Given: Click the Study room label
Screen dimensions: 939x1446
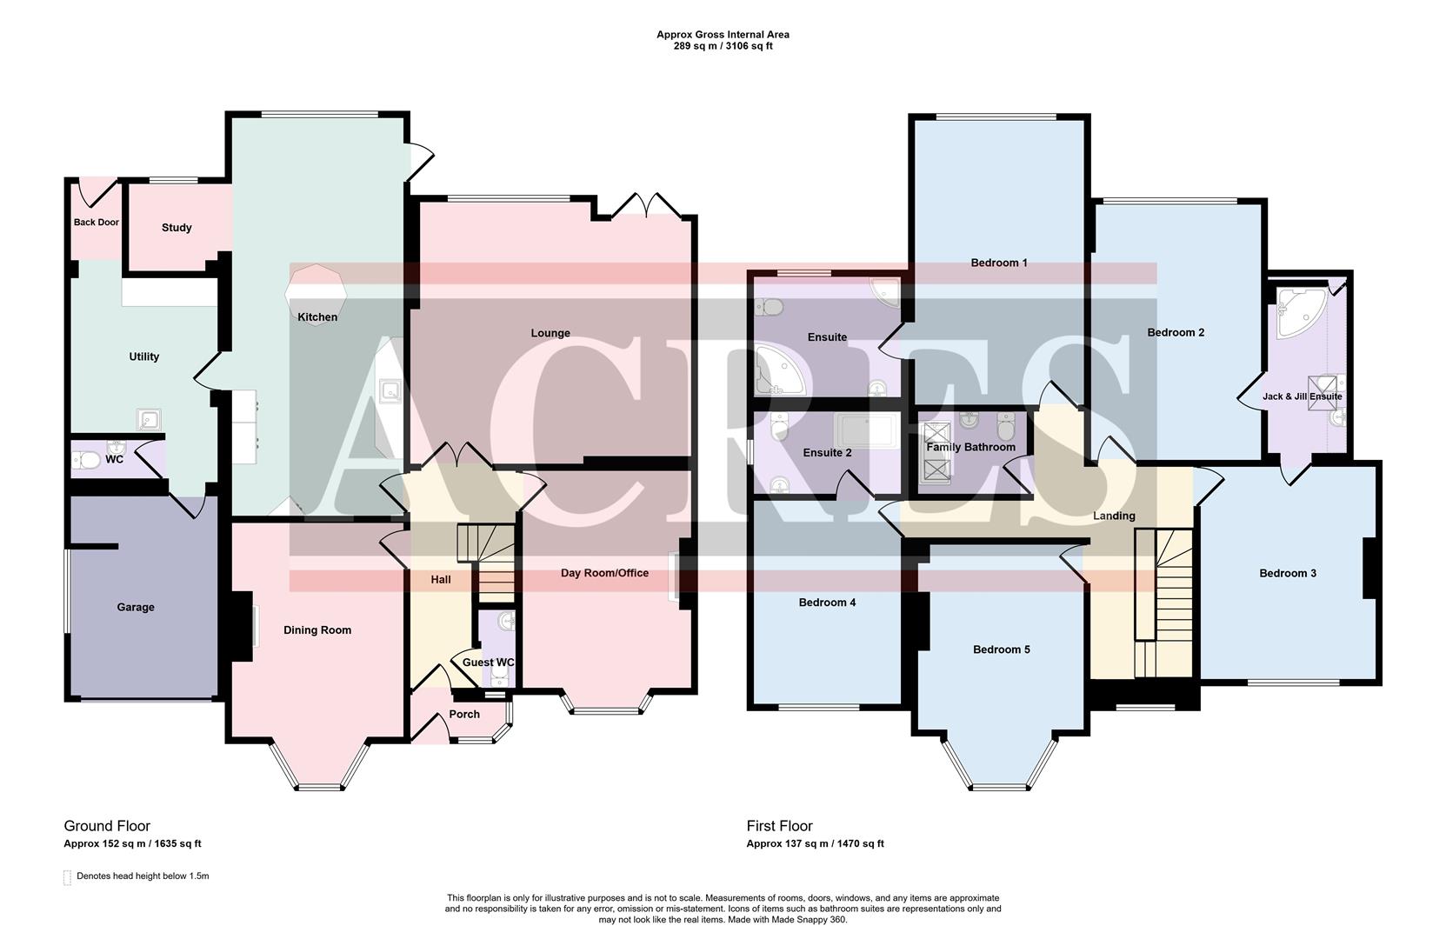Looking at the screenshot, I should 177,228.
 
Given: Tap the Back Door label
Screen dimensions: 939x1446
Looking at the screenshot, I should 96,223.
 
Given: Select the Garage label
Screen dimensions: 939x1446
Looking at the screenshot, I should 136,608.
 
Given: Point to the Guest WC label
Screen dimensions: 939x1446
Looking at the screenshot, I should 488,663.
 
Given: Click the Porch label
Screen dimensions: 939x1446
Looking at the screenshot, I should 464,715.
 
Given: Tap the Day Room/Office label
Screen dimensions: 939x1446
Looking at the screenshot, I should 604,573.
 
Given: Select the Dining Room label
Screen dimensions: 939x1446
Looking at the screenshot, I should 317,630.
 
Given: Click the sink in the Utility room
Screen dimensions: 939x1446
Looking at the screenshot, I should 150,420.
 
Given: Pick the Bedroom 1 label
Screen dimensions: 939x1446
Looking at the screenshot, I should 999,263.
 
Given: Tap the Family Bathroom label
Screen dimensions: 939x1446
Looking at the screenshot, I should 970,447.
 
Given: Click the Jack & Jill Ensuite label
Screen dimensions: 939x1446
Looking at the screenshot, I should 1302,396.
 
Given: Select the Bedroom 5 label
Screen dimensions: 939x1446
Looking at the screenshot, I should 1002,649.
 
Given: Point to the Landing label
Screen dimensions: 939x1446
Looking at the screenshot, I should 1114,516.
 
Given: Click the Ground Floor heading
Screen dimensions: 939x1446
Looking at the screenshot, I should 107,826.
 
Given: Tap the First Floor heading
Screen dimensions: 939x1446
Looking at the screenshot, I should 779,826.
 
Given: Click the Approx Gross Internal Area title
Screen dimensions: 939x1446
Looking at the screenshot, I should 723,35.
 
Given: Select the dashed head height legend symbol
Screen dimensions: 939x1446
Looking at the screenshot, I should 68,877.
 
